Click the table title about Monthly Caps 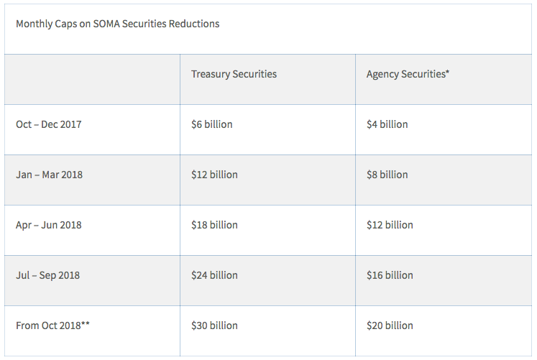point(117,24)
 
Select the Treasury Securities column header point(234,74)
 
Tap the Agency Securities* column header point(408,74)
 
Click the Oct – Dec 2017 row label point(49,124)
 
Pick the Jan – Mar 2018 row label point(49,175)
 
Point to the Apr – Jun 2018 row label point(49,225)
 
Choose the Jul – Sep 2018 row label point(48,275)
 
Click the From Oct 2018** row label point(52,326)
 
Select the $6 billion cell point(211,124)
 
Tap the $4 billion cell point(387,124)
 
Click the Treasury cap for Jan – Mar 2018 point(214,175)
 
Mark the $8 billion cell point(387,175)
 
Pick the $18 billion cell point(214,225)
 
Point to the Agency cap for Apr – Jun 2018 point(390,225)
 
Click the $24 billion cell point(214,275)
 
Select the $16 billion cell point(390,275)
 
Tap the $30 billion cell point(214,326)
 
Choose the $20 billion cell point(390,326)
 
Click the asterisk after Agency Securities point(447,73)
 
